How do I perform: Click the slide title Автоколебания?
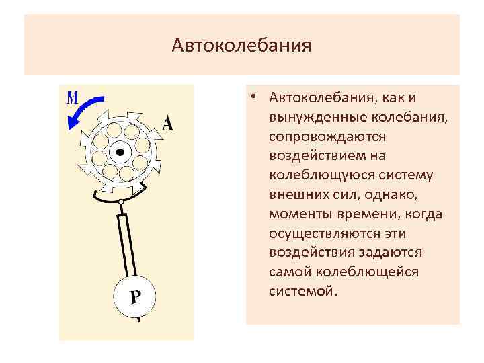[x=241, y=46]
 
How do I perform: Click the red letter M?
[x=72, y=97]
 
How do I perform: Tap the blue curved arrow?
[x=83, y=112]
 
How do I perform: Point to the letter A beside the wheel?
[x=167, y=123]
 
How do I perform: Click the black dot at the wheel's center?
[x=120, y=153]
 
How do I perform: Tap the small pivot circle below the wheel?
[x=120, y=202]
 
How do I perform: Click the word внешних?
[x=294, y=195]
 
